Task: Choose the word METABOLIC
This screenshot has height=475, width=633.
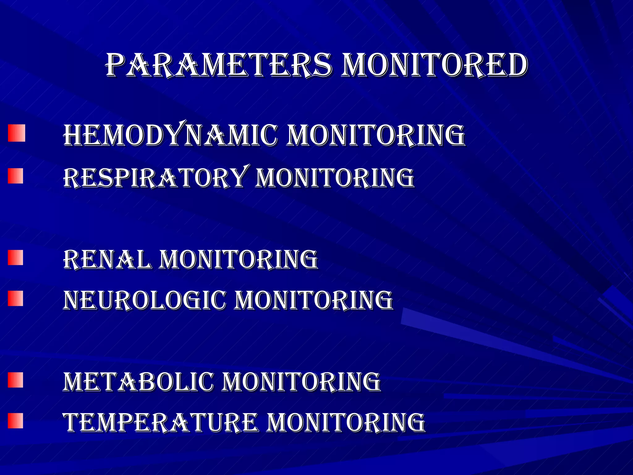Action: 138,382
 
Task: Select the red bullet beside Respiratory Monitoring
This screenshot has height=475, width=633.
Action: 15,176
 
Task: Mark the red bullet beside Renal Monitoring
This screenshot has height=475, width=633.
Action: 15,258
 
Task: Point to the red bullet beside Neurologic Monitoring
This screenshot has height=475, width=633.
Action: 15,298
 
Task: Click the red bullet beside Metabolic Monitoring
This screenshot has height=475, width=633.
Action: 15,380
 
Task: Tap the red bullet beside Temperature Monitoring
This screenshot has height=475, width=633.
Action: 15,421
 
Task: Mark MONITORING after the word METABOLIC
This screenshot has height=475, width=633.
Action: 301,382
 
